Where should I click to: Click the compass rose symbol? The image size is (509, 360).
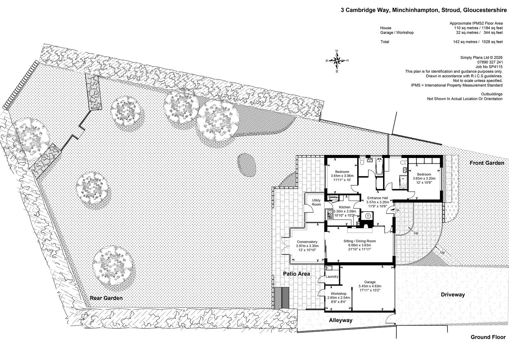[337, 60]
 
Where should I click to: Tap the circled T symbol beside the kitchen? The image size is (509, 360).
[368, 216]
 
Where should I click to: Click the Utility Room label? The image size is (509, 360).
[316, 202]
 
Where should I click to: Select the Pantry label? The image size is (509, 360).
[333, 197]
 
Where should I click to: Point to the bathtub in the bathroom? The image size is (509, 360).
[379, 167]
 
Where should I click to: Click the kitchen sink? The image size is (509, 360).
[330, 215]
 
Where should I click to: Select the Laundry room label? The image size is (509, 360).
[332, 277]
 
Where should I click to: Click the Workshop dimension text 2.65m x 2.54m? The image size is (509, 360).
[338, 298]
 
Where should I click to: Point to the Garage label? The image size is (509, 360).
[370, 282]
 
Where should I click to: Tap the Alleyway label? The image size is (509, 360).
[341, 320]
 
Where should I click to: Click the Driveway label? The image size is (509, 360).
[453, 295]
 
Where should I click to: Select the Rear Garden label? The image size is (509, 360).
[106, 298]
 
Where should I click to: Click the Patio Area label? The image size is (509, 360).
[296, 274]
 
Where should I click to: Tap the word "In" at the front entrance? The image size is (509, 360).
[398, 210]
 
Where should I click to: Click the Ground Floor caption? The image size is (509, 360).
[488, 337]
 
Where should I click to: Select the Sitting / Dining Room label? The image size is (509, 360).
[359, 241]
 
